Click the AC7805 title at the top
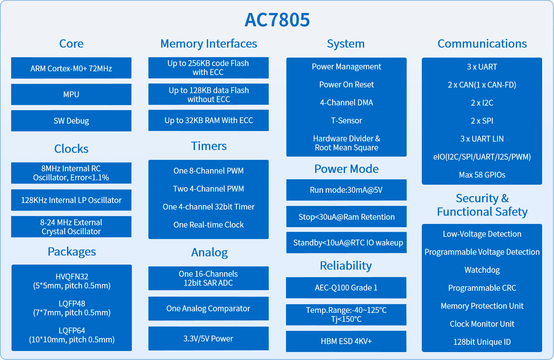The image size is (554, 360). (277, 20)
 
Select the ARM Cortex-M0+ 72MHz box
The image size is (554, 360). (71, 68)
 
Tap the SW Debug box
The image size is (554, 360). (71, 121)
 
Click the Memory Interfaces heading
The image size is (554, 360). (209, 44)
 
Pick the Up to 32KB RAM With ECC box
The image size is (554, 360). (209, 120)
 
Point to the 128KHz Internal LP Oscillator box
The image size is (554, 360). (71, 200)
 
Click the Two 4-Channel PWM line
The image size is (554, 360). (209, 189)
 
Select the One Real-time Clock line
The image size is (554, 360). (209, 225)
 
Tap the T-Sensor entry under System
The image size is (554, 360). (346, 121)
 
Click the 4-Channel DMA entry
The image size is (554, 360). (346, 103)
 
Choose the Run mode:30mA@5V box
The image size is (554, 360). (346, 190)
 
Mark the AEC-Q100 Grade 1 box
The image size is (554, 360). (346, 288)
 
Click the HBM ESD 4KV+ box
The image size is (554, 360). (346, 341)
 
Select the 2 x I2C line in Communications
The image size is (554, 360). (482, 103)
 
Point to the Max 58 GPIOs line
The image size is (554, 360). (482, 175)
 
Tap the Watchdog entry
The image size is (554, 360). (482, 270)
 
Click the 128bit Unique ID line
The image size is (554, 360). (482, 342)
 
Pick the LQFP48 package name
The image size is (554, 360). (72, 303)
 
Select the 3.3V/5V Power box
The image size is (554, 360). (209, 338)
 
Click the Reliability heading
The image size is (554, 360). (346, 266)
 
